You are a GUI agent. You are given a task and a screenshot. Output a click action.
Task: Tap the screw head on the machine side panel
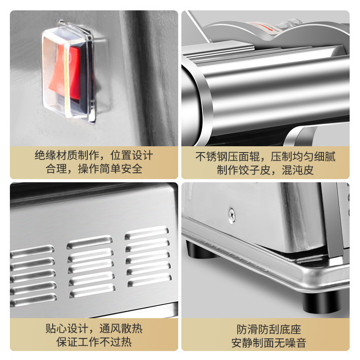(231, 215)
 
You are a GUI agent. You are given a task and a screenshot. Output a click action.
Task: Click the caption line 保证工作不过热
(94, 342)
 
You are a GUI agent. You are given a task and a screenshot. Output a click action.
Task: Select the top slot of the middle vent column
(90, 241)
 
